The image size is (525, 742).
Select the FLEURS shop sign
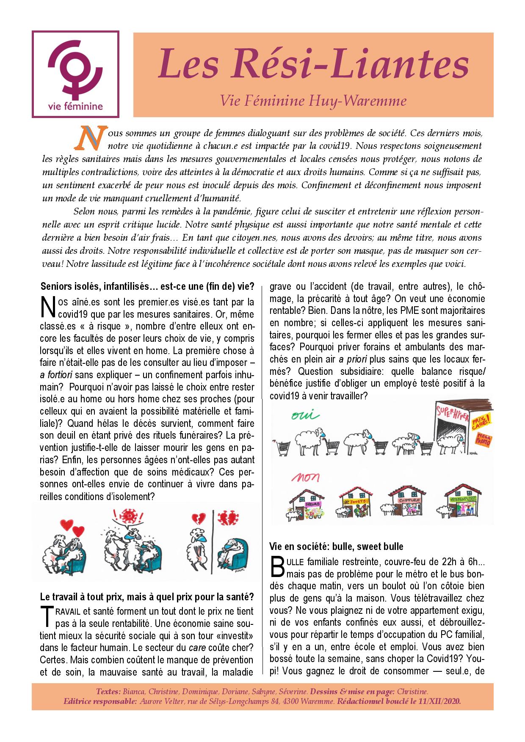(x=313, y=505)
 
